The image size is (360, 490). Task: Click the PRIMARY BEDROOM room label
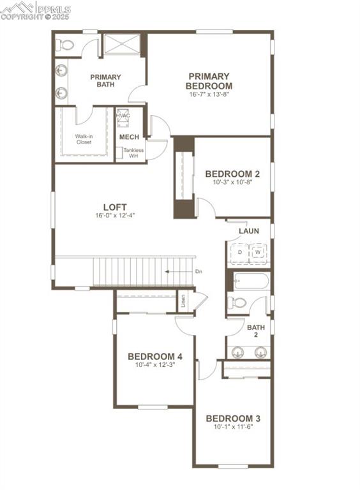pos(209,81)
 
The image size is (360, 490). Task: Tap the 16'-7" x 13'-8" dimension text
pos(209,94)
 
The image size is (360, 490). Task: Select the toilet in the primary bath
pos(64,45)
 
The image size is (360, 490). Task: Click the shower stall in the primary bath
pos(123,45)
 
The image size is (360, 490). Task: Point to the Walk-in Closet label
pos(83,139)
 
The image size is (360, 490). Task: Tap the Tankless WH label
pos(133,152)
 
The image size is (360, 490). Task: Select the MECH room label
pos(129,137)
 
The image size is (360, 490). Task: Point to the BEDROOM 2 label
pos(232,174)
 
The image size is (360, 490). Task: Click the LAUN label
pos(248,231)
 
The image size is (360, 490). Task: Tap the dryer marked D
pos(239,253)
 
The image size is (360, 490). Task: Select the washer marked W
pos(259,253)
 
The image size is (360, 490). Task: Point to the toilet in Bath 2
pos(237,302)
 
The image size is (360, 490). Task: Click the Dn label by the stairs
pos(199,272)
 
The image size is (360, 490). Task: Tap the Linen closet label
pos(183,299)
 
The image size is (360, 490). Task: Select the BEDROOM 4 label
pos(155,356)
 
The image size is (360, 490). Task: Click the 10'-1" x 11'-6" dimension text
pos(232,426)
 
